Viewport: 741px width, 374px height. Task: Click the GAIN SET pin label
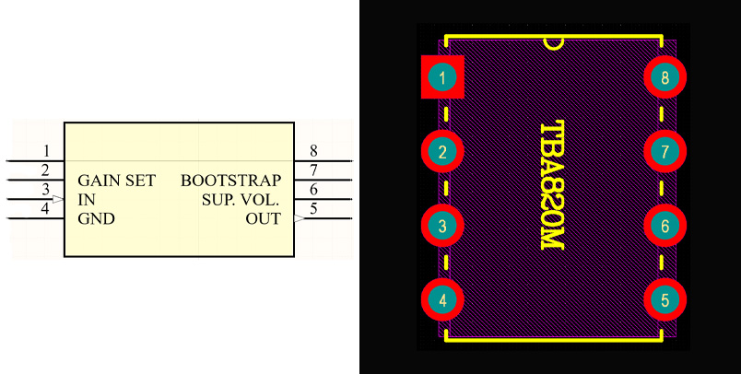116,181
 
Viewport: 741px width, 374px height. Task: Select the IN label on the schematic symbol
86,200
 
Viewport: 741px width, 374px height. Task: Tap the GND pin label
94,219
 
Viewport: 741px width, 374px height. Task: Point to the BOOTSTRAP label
230,181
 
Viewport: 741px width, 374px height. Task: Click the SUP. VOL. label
241,200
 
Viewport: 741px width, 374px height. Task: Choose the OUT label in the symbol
263,219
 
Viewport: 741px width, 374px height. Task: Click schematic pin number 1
46,151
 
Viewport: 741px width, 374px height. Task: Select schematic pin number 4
46,209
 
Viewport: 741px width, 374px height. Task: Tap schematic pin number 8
314,151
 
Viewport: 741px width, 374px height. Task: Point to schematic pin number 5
314,209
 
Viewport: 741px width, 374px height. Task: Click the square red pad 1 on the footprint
443,77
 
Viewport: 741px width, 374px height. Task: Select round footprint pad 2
443,151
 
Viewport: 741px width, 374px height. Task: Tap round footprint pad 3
443,225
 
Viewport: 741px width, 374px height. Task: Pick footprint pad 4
443,299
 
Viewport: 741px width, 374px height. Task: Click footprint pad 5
665,299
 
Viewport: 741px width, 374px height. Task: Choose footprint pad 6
665,225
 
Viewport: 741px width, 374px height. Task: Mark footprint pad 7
665,151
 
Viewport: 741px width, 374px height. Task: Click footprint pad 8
665,77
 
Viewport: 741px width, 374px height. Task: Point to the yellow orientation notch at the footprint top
554,42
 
